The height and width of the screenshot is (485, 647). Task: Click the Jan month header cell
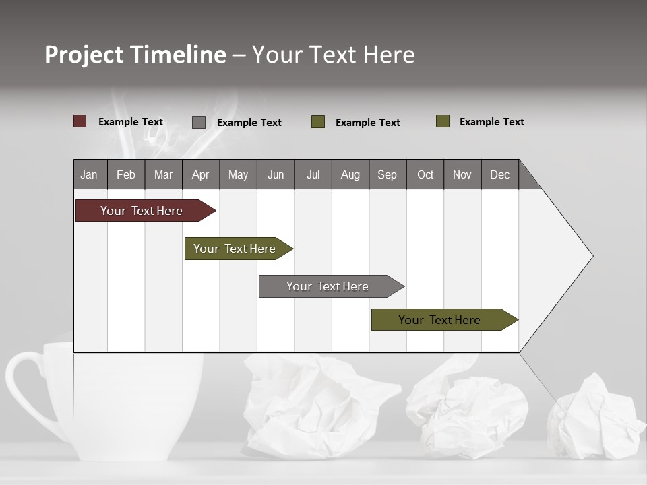point(89,174)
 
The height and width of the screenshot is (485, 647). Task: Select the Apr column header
point(200,174)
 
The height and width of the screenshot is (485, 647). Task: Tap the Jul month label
point(313,174)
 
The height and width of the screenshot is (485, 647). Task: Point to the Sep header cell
point(387,174)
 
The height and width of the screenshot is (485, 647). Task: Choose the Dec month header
point(499,174)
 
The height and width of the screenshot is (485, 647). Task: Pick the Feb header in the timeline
point(126,174)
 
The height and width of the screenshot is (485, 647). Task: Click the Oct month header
point(425,174)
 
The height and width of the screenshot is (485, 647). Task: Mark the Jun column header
point(276,174)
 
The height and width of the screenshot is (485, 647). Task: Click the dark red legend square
point(80,121)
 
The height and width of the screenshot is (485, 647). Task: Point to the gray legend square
point(199,122)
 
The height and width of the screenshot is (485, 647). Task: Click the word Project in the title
point(83,55)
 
